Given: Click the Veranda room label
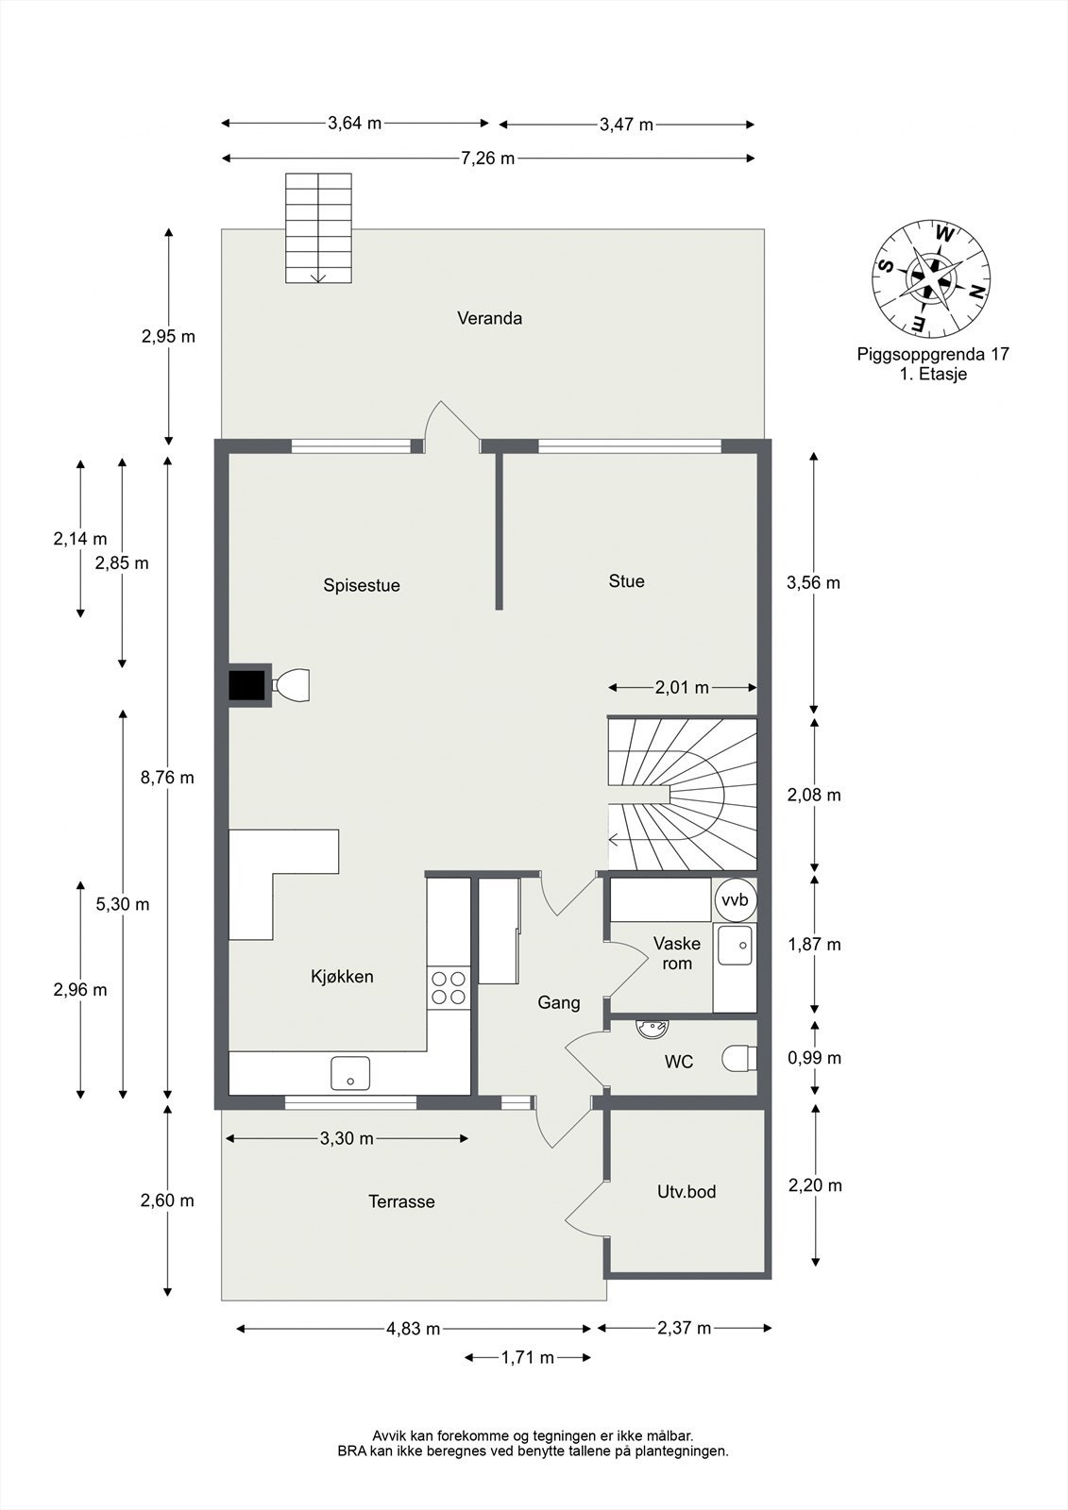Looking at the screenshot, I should (x=489, y=318).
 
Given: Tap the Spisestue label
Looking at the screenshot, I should (x=362, y=585).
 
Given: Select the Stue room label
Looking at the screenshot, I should (x=626, y=581).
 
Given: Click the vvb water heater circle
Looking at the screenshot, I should (x=735, y=900).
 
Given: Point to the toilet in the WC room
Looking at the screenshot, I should (x=739, y=1059).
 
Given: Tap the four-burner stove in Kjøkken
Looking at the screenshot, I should (x=449, y=987).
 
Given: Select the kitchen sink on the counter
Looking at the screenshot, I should (x=350, y=1073).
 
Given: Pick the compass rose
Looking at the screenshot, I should (x=930, y=278).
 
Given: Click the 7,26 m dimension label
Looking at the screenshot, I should (x=487, y=159).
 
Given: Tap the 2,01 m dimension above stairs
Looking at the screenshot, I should (x=682, y=688).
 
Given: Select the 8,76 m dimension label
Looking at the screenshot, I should (x=167, y=778).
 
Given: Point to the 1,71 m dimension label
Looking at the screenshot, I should (x=528, y=1358).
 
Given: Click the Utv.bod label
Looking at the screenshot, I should (x=687, y=1192).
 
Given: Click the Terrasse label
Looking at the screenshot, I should (x=401, y=1201).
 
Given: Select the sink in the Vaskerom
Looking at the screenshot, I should (x=735, y=946).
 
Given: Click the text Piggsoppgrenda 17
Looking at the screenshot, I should (x=933, y=355).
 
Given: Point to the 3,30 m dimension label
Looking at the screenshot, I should (x=347, y=1139).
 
